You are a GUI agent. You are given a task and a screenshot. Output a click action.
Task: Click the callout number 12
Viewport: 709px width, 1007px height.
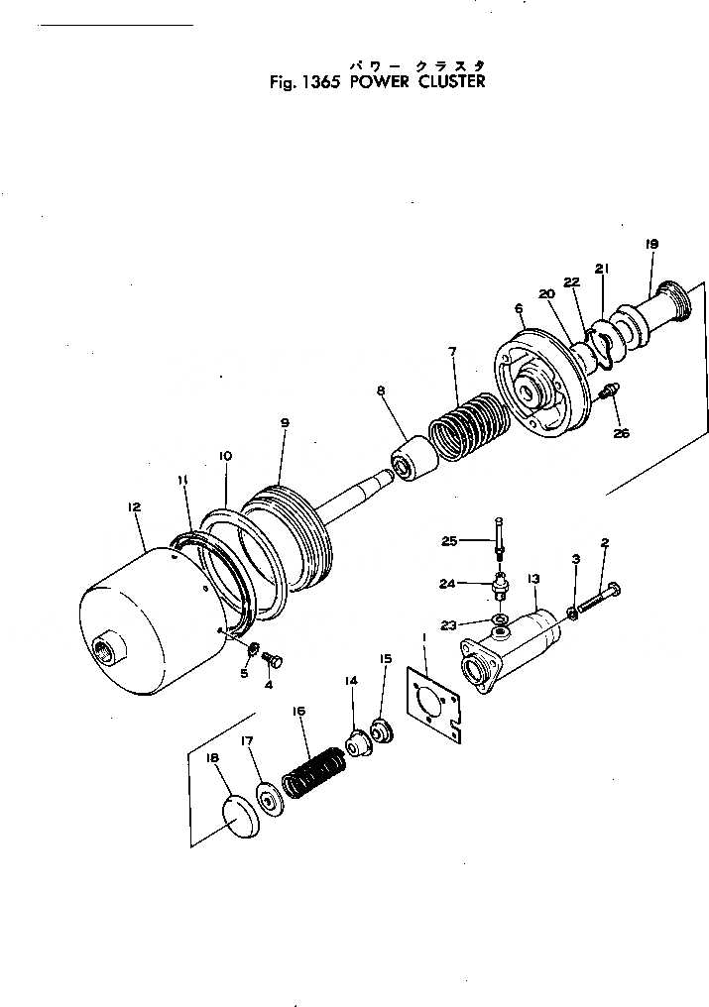135,506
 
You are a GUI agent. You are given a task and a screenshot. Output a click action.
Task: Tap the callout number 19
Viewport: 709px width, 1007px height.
651,244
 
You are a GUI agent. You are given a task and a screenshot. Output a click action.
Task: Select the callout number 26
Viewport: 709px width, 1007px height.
621,432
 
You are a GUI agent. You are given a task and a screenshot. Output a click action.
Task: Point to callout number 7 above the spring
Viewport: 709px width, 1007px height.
452,352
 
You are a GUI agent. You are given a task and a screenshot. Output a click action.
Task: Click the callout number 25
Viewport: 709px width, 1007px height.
448,541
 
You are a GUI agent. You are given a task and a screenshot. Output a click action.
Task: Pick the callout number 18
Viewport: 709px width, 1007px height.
212,757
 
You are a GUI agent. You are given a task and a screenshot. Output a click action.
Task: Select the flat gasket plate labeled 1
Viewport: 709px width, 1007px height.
434,701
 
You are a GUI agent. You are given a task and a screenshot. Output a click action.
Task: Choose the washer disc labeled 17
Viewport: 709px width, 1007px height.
269,798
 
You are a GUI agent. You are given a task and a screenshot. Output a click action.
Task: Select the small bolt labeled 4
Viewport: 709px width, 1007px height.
277,658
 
